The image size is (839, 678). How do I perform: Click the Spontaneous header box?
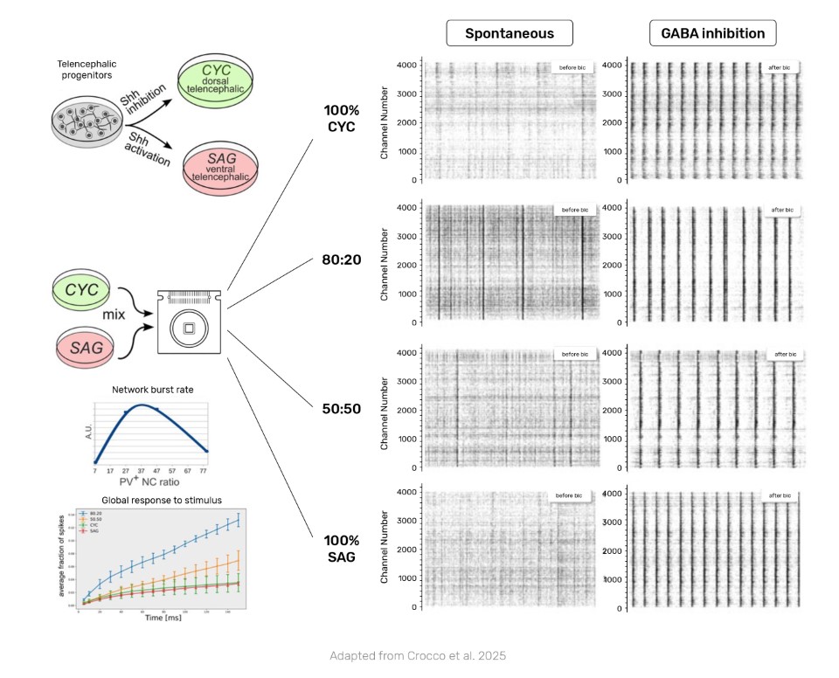tap(510, 34)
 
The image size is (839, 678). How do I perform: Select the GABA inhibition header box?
tap(713, 34)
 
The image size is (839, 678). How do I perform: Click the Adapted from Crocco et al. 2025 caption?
tap(418, 655)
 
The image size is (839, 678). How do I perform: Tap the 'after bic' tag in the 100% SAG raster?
tap(781, 496)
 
